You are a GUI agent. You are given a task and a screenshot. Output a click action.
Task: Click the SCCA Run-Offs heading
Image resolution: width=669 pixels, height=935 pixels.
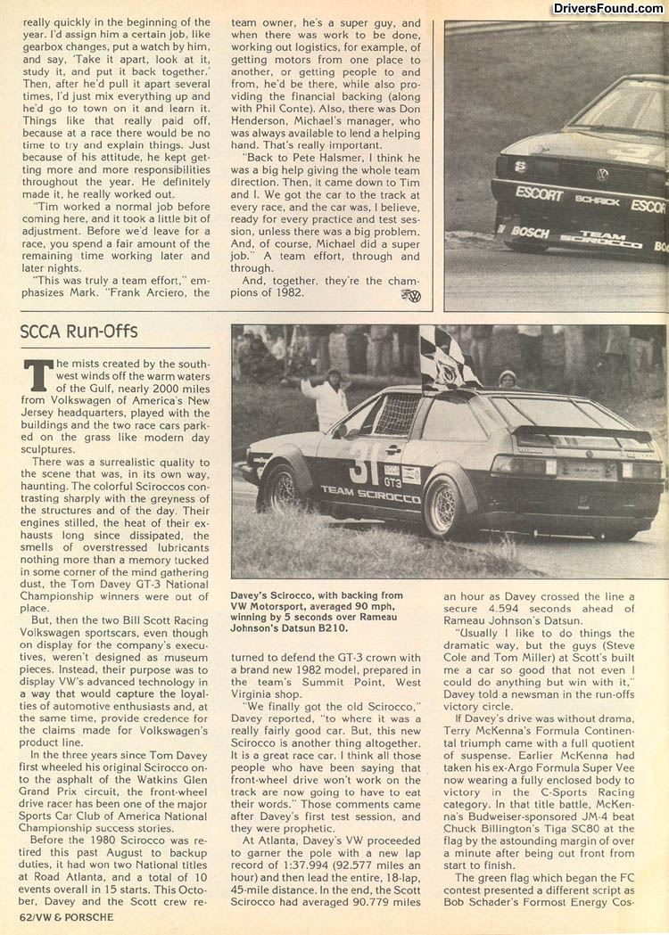78,332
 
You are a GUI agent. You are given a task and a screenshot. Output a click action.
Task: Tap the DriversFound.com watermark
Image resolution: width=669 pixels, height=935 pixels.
607,9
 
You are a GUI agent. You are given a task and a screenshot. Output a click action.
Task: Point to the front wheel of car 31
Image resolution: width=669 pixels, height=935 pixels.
281,488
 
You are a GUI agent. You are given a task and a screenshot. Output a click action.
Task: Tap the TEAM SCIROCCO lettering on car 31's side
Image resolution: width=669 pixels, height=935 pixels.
370,494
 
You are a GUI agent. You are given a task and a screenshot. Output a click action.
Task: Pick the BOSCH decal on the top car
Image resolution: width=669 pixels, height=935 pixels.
531,232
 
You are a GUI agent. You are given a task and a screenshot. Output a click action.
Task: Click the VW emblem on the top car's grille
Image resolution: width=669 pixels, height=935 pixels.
603,174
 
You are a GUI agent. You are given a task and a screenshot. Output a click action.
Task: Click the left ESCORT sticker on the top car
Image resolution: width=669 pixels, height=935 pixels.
539,193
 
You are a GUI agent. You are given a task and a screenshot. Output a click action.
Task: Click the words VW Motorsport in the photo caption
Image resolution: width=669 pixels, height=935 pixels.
277,607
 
